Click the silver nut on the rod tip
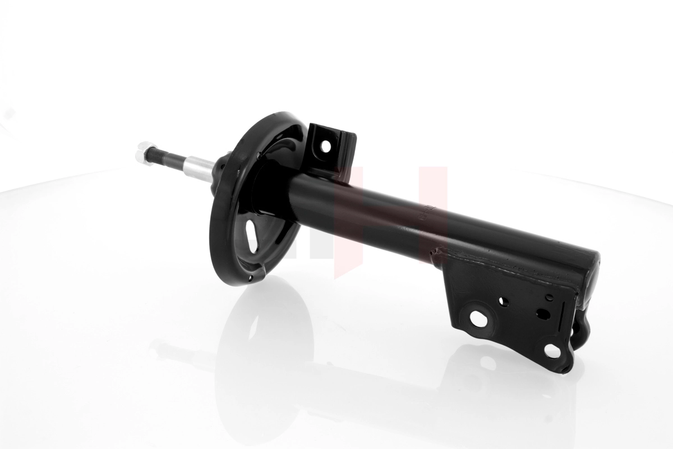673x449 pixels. [144, 153]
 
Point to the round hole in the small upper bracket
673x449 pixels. [326, 146]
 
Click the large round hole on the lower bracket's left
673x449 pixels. [478, 318]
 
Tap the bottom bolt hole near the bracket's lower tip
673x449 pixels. [552, 351]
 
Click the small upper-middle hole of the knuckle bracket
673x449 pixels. [504, 301]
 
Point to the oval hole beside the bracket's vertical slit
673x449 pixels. [543, 314]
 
